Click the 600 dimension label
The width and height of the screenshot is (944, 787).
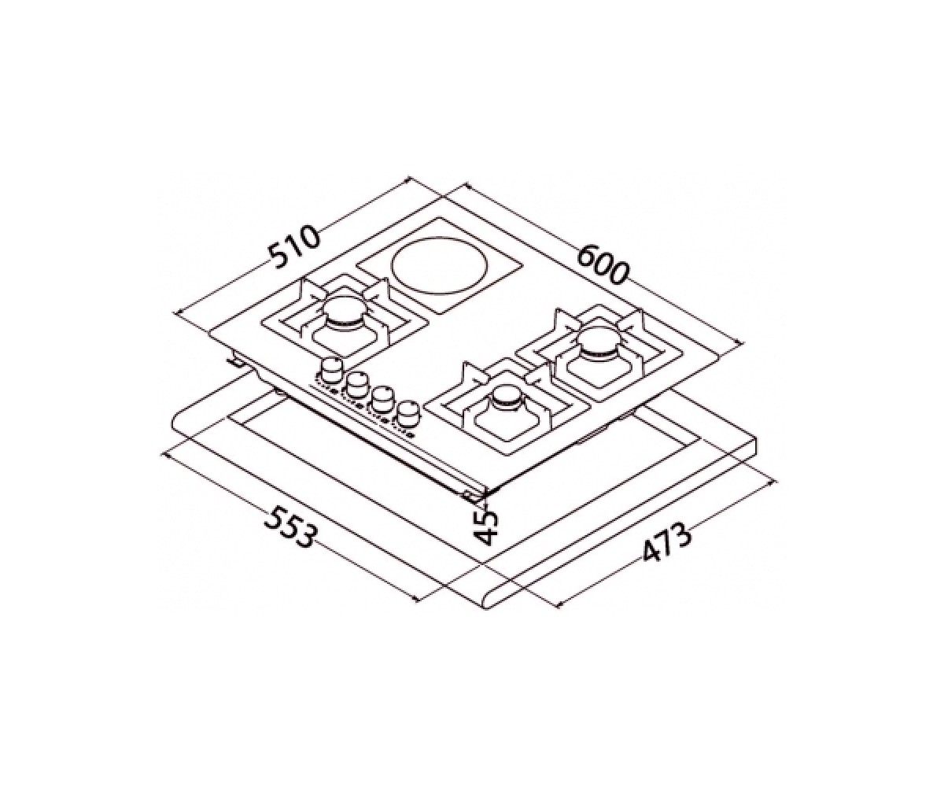click(603, 264)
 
